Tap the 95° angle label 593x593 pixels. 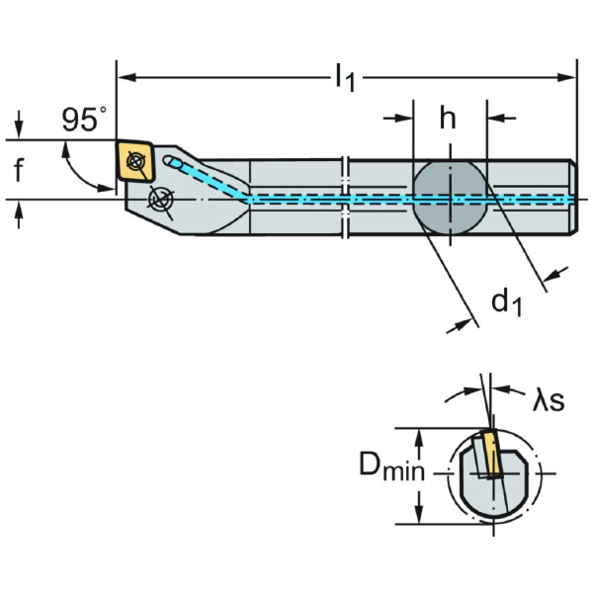coord(83,121)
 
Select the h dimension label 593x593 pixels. coord(448,119)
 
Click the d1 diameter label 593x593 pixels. coord(507,300)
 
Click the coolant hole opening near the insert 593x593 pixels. coord(172,161)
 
